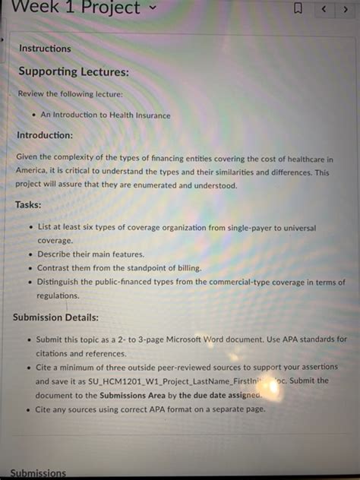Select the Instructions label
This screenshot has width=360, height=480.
coord(45,49)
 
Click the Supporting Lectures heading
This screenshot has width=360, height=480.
coord(74,72)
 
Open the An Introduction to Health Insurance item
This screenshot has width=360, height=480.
coord(106,115)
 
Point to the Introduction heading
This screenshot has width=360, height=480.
coord(45,135)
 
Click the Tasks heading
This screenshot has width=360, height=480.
coord(28,205)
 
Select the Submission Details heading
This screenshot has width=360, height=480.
coord(55,317)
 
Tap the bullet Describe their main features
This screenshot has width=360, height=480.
coord(90,254)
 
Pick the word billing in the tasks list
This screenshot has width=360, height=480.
coord(189,268)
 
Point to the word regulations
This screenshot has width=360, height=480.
coord(58,296)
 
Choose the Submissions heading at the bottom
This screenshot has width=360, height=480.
coord(39,473)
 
